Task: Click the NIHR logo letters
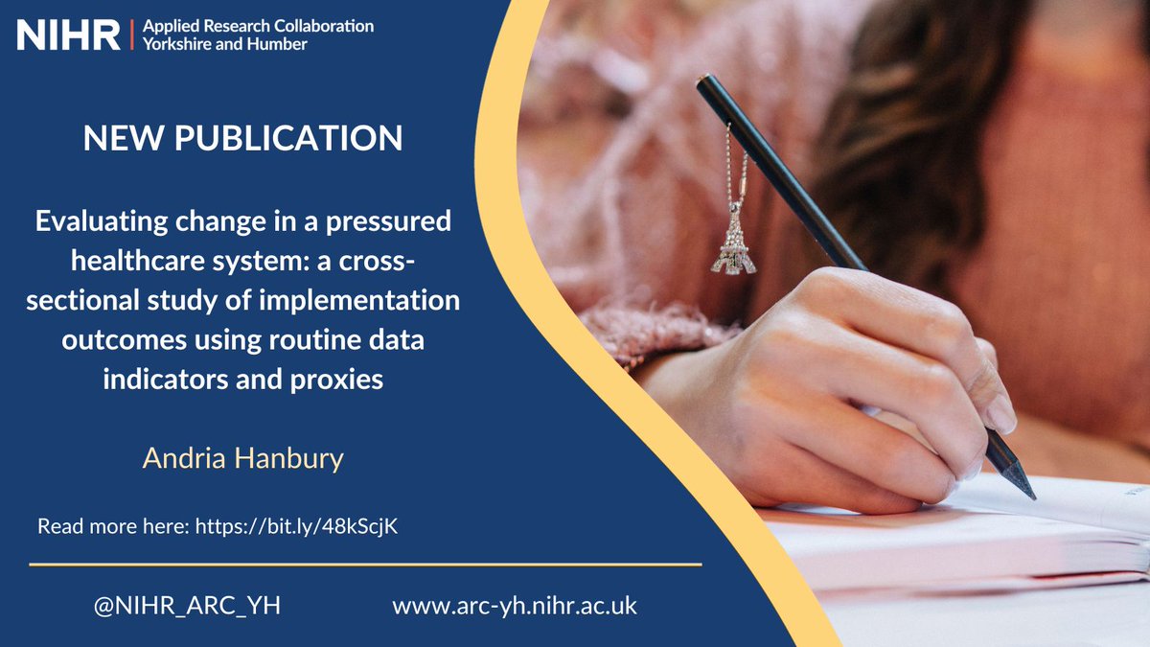click(x=69, y=35)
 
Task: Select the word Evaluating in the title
click(x=94, y=221)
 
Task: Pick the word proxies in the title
click(x=334, y=379)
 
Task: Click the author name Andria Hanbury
click(x=242, y=458)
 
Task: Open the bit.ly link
click(x=296, y=527)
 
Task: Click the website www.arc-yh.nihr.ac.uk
click(x=515, y=606)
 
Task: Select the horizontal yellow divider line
click(x=365, y=565)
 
